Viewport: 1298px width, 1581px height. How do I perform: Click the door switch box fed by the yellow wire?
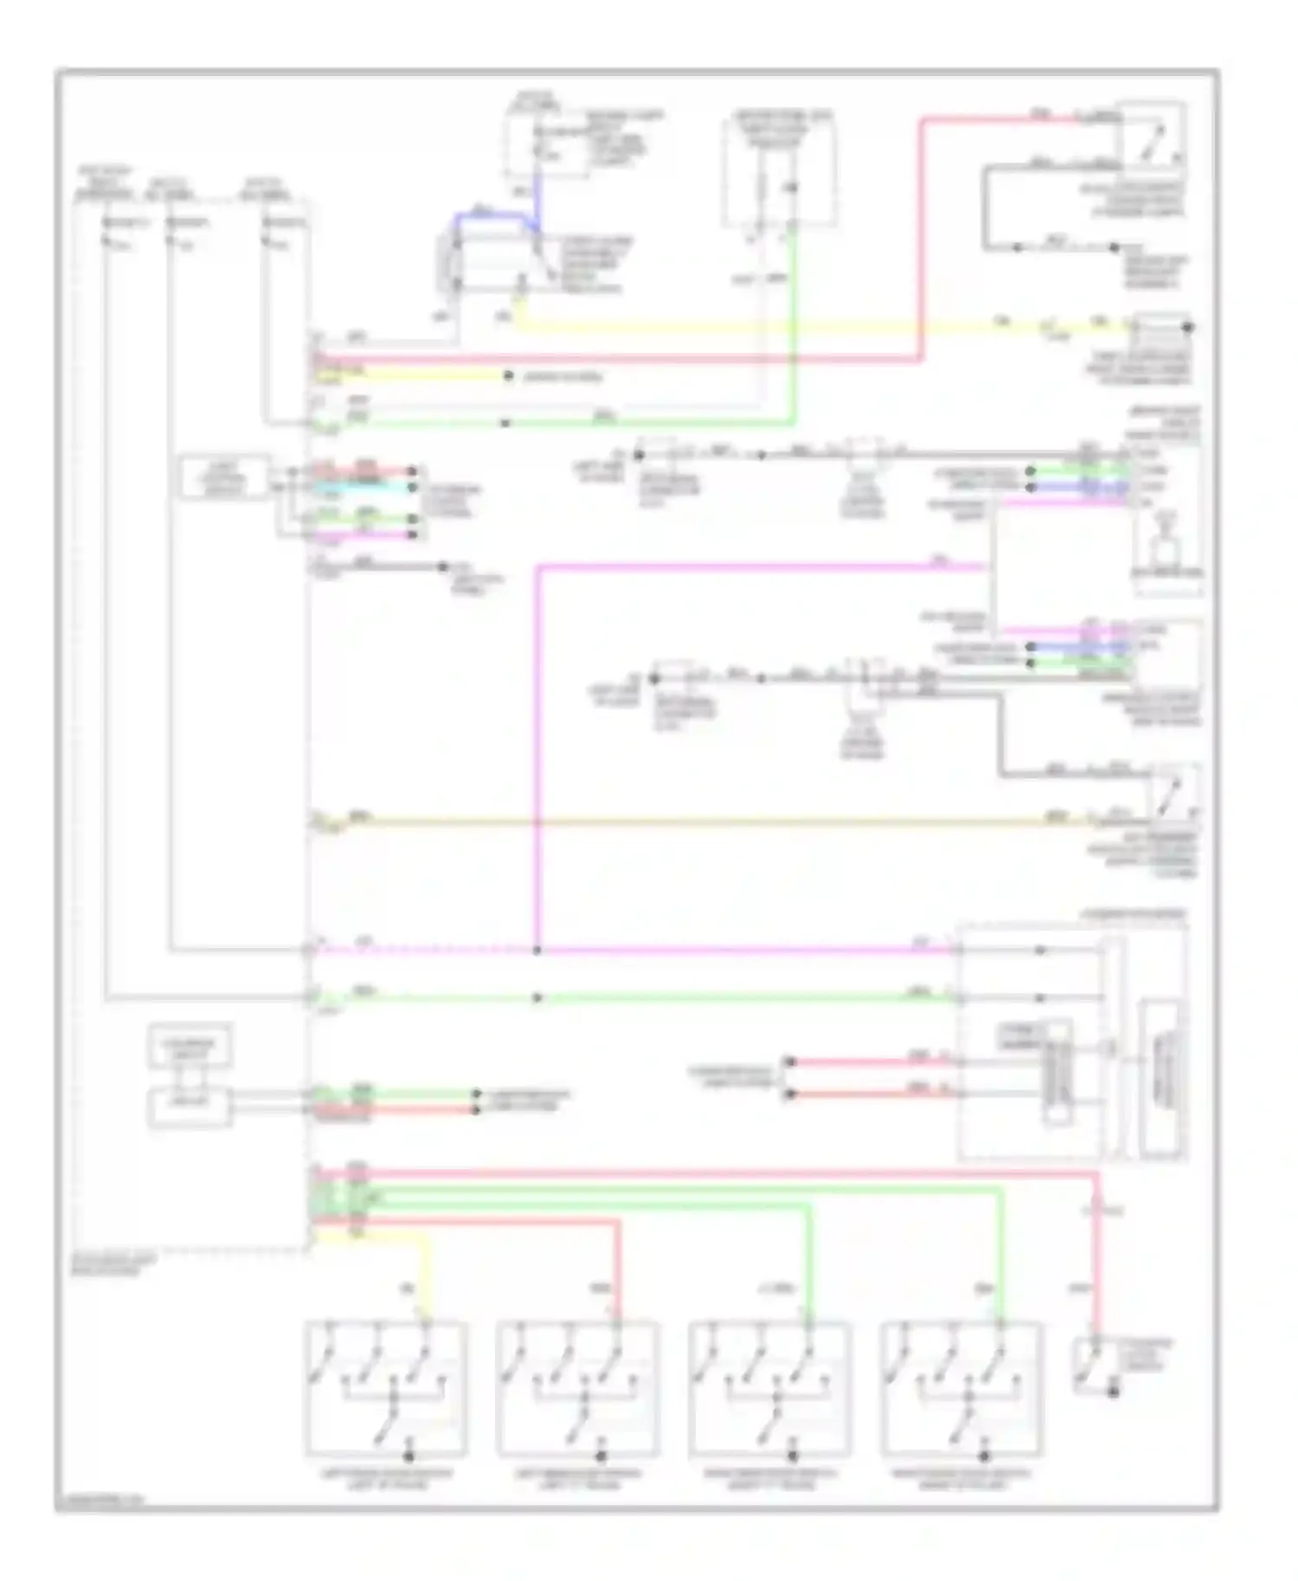click(386, 1389)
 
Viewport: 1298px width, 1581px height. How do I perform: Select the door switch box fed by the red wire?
click(577, 1389)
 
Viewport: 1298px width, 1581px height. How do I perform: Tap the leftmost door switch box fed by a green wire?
click(770, 1389)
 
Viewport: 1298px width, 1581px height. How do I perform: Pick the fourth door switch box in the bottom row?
click(961, 1389)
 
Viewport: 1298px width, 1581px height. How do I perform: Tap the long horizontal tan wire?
click(692, 821)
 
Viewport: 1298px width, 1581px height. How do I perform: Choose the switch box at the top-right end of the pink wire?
click(1151, 135)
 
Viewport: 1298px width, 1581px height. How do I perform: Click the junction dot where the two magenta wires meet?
click(537, 951)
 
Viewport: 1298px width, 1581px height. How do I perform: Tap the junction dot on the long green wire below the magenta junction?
click(537, 998)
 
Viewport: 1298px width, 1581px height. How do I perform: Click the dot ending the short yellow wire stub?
click(506, 376)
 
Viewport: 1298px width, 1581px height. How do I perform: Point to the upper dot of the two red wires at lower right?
click(789, 1061)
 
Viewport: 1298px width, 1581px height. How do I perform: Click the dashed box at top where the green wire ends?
click(780, 173)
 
